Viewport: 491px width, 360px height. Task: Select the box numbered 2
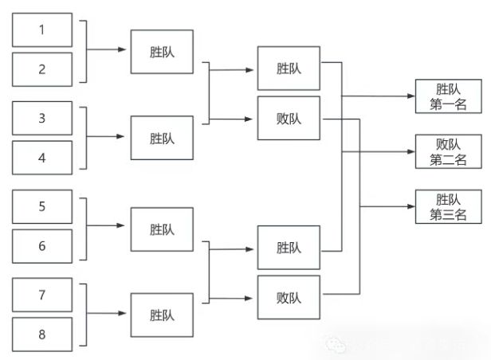pyautogui.click(x=43, y=68)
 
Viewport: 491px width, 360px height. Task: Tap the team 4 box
pyautogui.click(x=43, y=157)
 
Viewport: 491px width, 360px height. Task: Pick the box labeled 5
pyautogui.click(x=43, y=206)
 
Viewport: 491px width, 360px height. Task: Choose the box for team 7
pyautogui.click(x=43, y=295)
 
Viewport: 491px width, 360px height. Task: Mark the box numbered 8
pyautogui.click(x=43, y=334)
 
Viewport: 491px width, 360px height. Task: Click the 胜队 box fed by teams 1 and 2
pyautogui.click(x=162, y=52)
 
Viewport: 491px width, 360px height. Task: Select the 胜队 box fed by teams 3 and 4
pyautogui.click(x=162, y=138)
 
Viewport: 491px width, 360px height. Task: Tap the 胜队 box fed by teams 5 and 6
pyautogui.click(x=162, y=229)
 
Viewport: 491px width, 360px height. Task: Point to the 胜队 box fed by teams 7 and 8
pyautogui.click(x=162, y=315)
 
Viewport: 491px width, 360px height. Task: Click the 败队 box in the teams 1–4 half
pyautogui.click(x=289, y=119)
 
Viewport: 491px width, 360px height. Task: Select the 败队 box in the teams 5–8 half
pyautogui.click(x=289, y=297)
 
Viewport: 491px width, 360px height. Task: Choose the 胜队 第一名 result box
pyautogui.click(x=448, y=96)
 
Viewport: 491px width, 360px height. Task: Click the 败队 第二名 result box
pyautogui.click(x=448, y=151)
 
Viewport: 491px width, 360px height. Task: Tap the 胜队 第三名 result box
pyautogui.click(x=448, y=206)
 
